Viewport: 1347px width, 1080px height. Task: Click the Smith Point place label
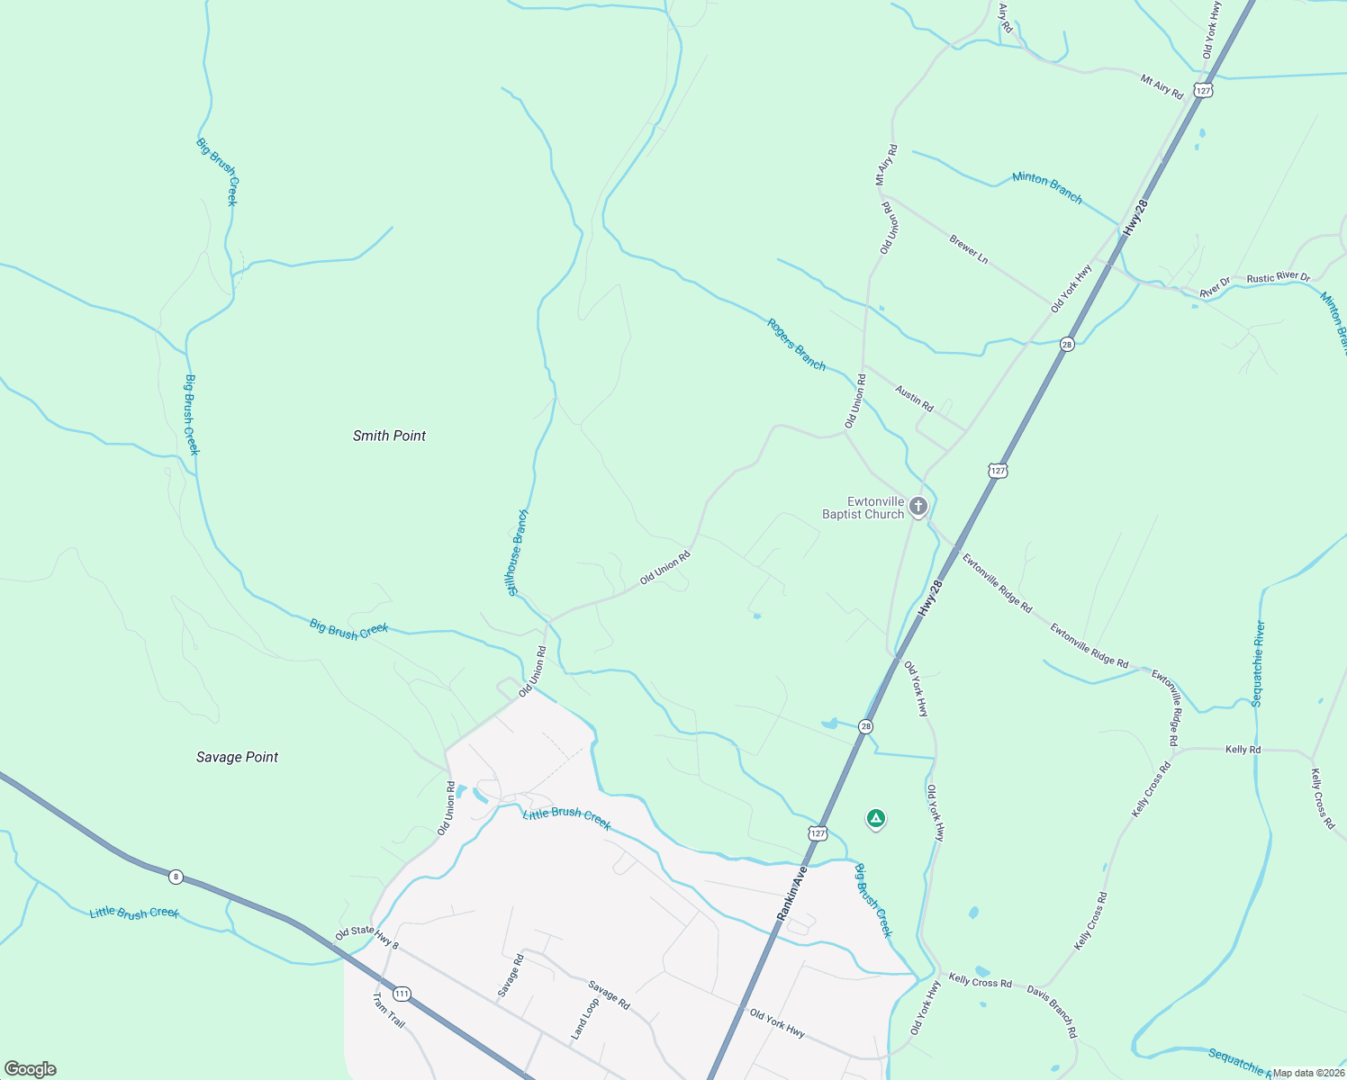pyautogui.click(x=389, y=436)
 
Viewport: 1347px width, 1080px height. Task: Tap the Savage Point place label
pyautogui.click(x=237, y=757)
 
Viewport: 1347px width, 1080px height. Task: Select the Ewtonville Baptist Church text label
pyautogui.click(x=863, y=508)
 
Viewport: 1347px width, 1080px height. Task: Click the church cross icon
pyautogui.click(x=918, y=507)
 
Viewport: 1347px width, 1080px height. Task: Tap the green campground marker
pyautogui.click(x=875, y=819)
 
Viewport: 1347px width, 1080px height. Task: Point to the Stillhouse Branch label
pyautogui.click(x=518, y=553)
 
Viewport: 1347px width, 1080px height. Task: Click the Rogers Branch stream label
pyautogui.click(x=796, y=344)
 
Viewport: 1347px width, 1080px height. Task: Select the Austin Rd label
pyautogui.click(x=914, y=398)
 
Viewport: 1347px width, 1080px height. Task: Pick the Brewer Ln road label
pyautogui.click(x=969, y=249)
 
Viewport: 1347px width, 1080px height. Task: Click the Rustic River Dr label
pyautogui.click(x=1278, y=278)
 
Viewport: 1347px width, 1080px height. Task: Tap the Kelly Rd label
pyautogui.click(x=1243, y=749)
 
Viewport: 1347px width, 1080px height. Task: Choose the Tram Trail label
pyautogui.click(x=388, y=1011)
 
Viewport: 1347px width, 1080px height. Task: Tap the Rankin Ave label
pyautogui.click(x=792, y=893)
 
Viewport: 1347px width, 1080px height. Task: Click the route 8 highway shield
pyautogui.click(x=176, y=876)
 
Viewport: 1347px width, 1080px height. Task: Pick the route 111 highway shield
pyautogui.click(x=402, y=994)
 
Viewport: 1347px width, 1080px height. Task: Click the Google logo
pyautogui.click(x=30, y=1069)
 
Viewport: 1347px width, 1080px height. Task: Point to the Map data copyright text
pyautogui.click(x=1308, y=1073)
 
